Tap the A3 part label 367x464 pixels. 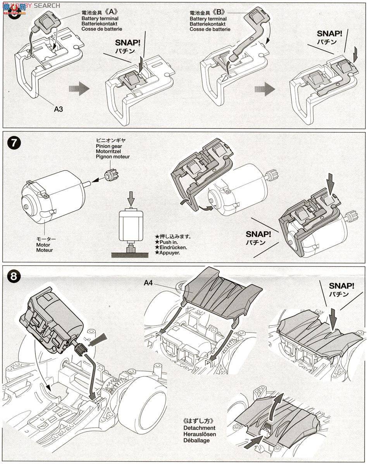[59, 109]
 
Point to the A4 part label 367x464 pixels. [148, 283]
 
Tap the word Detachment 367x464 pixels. [200, 428]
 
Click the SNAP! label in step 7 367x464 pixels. [258, 234]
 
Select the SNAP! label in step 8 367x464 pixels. [341, 286]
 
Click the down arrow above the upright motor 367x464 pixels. [131, 198]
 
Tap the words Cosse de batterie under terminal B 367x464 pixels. [210, 29]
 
